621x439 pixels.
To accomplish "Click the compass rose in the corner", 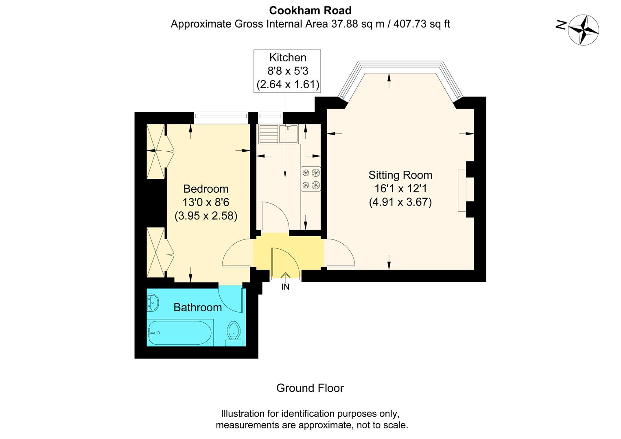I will coord(584,30).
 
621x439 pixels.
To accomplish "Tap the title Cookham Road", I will coord(310,10).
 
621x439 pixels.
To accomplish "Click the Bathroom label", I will coord(197,307).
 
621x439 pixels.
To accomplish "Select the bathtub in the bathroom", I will coord(179,333).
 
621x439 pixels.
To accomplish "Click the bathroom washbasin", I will coord(153,303).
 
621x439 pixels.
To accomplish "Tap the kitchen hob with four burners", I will coord(311,179).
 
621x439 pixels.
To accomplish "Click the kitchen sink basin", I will coord(289,134).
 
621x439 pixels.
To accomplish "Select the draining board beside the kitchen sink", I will coord(268,134).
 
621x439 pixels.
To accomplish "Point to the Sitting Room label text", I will coord(400,175).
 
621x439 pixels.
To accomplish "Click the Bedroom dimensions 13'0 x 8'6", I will coord(206,202).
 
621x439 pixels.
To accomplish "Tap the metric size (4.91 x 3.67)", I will coord(400,202).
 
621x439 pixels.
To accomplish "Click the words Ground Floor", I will coord(310,388).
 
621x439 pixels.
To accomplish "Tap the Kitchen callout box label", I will coord(288,58).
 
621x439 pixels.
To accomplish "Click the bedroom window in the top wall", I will coord(221,118).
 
